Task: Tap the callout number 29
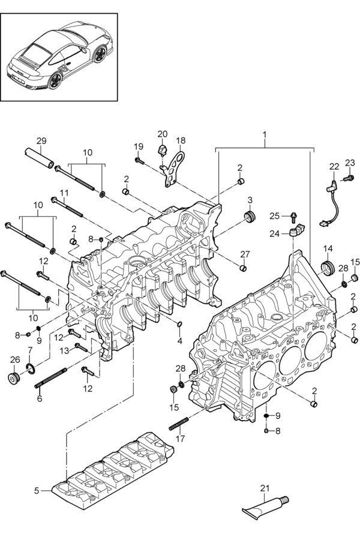coord(41,140)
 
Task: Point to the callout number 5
coord(37,491)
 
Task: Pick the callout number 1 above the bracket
coord(265,134)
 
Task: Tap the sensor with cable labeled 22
coord(331,203)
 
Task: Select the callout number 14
coord(328,248)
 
